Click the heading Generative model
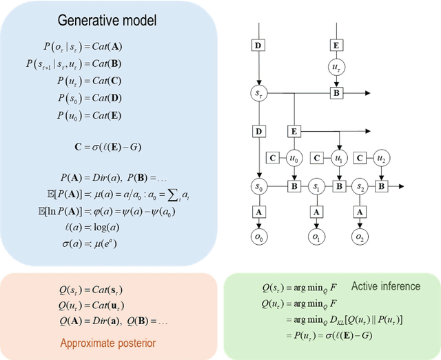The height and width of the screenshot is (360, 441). click(107, 21)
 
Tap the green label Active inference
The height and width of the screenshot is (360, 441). click(385, 286)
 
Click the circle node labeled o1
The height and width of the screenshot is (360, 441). click(316, 237)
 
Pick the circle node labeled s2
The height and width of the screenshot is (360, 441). click(359, 186)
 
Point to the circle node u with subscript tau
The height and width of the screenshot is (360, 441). click(336, 68)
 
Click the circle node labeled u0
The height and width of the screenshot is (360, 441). click(295, 158)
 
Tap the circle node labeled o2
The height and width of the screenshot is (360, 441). click(359, 237)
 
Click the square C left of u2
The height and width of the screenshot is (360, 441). click(359, 158)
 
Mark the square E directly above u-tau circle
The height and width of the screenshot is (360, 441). click(336, 46)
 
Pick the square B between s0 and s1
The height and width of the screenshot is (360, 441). click(295, 186)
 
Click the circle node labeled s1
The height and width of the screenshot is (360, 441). click(316, 186)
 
